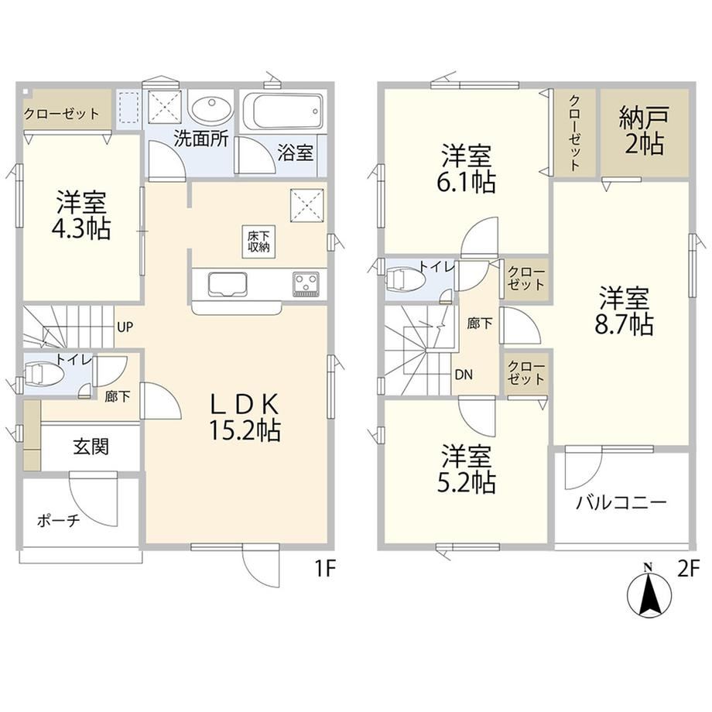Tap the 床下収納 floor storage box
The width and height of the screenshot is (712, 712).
(x=258, y=241)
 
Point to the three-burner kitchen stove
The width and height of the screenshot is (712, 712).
(x=306, y=285)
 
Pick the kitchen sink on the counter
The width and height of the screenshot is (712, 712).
(x=228, y=284)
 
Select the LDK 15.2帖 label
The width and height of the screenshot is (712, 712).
(x=245, y=417)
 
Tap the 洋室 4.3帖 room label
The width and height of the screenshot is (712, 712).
(x=82, y=215)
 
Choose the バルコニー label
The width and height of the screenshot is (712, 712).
(x=621, y=502)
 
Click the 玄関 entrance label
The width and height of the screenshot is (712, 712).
(x=91, y=447)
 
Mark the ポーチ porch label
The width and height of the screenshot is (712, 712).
(x=59, y=520)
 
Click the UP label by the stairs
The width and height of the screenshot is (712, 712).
(x=125, y=327)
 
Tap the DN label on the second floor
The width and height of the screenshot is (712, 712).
(x=464, y=375)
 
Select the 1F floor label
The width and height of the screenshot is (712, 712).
(x=325, y=568)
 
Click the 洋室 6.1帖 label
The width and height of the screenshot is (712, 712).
(x=467, y=168)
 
